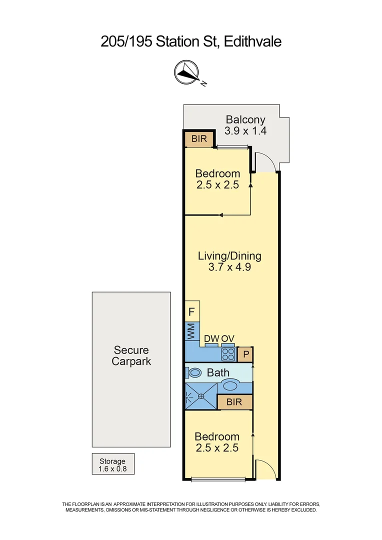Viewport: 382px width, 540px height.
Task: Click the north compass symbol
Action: pyautogui.click(x=186, y=72)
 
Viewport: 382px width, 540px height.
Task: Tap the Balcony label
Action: pyautogui.click(x=245, y=120)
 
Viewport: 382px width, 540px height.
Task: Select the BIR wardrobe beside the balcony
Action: pyautogui.click(x=199, y=139)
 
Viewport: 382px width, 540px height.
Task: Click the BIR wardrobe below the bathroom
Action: pyautogui.click(x=234, y=402)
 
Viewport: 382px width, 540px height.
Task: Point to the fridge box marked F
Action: pyautogui.click(x=192, y=312)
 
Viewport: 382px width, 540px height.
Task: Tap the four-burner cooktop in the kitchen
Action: pyautogui.click(x=228, y=354)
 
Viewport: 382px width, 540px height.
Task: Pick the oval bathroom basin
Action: pyautogui.click(x=230, y=385)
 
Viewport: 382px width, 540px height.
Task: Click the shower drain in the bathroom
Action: pyautogui.click(x=201, y=396)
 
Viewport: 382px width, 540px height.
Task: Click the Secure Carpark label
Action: pyautogui.click(x=131, y=355)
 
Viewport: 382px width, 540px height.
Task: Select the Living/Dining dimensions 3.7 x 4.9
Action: pyautogui.click(x=229, y=267)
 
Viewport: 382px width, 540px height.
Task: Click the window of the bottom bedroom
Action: pyautogui.click(x=218, y=480)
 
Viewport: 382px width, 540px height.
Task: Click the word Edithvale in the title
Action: pyautogui.click(x=253, y=42)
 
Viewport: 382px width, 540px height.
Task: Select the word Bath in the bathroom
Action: pyautogui.click(x=218, y=372)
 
